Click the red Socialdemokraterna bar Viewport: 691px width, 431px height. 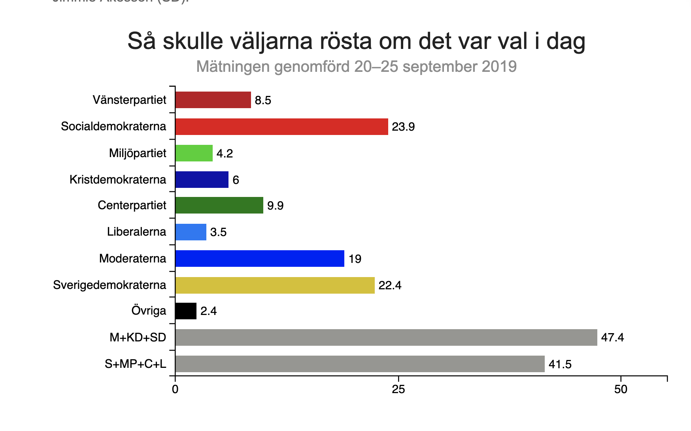[x=281, y=127]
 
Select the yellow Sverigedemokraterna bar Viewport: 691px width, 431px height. [x=275, y=285]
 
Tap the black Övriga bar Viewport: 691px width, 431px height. [x=186, y=311]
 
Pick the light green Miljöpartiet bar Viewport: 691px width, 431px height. [x=194, y=153]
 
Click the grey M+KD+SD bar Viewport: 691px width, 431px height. [x=386, y=337]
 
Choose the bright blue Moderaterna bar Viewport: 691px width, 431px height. [x=259, y=259]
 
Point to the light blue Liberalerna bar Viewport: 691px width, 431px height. [x=191, y=232]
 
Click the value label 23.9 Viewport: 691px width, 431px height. [x=403, y=127]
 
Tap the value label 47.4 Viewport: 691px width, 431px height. [x=612, y=337]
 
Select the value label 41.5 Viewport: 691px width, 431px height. [x=560, y=364]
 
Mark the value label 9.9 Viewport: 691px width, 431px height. [x=275, y=206]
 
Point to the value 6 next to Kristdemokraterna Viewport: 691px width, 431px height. [x=236, y=180]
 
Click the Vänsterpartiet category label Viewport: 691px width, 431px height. [x=129, y=100]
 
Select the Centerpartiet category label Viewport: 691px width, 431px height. [x=132, y=205]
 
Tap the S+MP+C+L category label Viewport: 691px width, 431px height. [x=135, y=364]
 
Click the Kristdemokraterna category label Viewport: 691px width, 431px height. [x=118, y=180]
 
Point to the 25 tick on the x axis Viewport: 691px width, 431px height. [x=398, y=390]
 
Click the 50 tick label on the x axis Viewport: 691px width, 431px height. [x=621, y=390]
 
